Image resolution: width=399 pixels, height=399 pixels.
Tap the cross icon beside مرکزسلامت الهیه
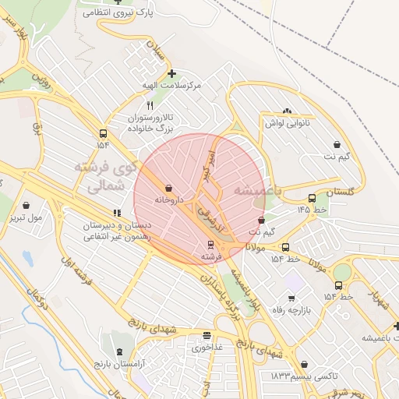pos(171,73)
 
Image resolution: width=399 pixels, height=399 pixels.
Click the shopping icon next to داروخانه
pos(169,188)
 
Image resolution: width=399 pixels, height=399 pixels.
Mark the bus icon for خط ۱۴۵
pos(312,198)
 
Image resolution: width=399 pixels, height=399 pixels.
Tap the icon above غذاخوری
pos(207,336)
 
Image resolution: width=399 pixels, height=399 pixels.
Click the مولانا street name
pos(256,246)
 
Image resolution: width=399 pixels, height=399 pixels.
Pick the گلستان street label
pos(341,191)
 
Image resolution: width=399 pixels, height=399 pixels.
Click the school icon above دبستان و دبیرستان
pos(117,213)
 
